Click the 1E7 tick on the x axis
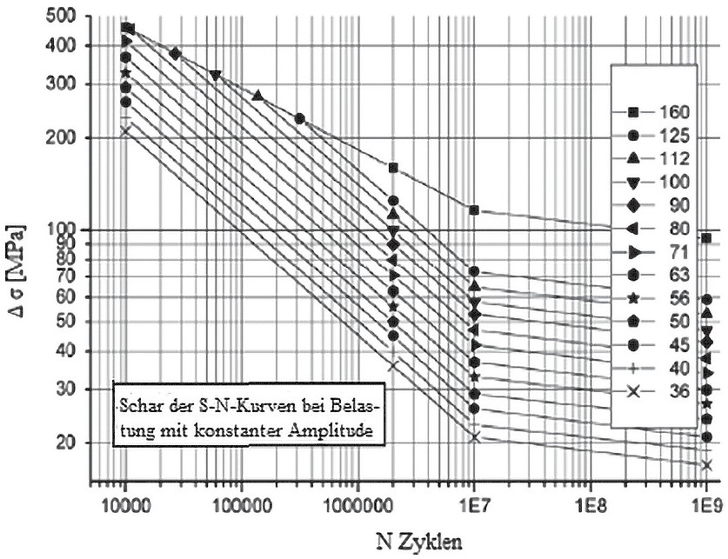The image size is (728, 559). pos(473,502)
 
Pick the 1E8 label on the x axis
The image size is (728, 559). pos(590,502)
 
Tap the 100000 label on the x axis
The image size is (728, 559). pos(241,502)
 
